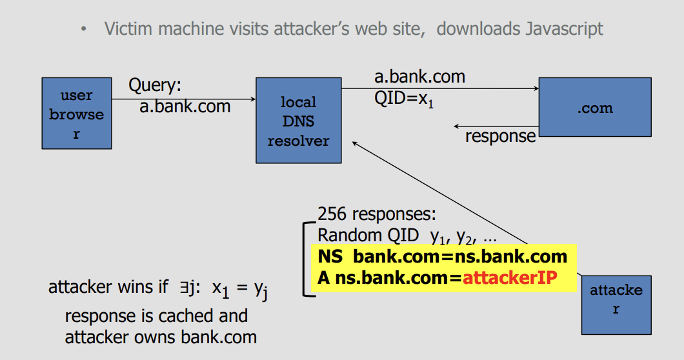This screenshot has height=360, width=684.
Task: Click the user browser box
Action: (77, 114)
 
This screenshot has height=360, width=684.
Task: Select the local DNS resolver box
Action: (299, 121)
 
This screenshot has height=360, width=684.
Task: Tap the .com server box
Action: (594, 107)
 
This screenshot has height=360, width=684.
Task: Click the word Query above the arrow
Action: (155, 85)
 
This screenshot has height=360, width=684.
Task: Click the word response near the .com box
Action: (500, 136)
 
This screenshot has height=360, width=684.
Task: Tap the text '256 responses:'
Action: (377, 215)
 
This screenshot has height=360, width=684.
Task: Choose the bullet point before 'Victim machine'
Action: (84, 30)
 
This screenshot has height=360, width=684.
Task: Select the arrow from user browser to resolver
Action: (184, 99)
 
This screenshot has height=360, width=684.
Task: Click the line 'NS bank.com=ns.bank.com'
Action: (442, 257)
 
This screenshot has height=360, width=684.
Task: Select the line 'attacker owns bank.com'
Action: (161, 336)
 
